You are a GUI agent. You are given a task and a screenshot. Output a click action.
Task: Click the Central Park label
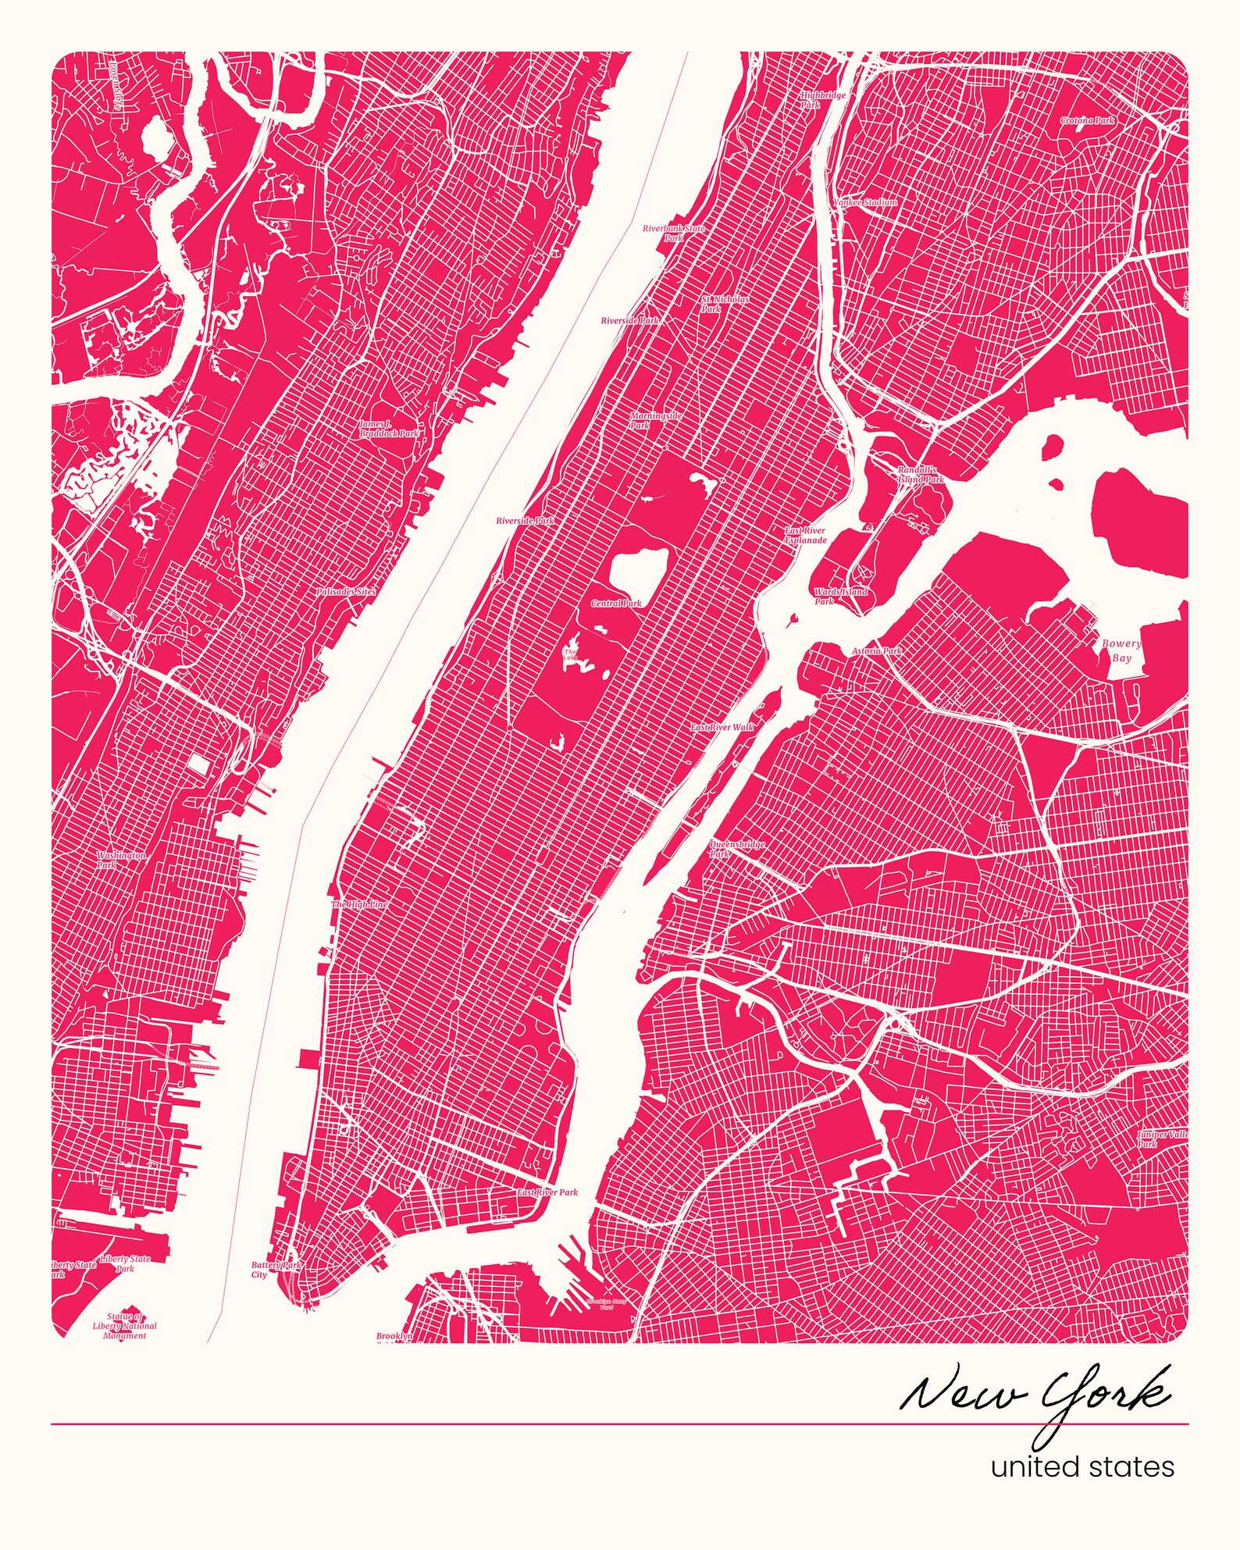click(x=616, y=603)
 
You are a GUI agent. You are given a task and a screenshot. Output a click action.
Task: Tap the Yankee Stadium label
click(x=864, y=202)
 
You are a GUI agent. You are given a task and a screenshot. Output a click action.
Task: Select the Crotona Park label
click(x=1087, y=121)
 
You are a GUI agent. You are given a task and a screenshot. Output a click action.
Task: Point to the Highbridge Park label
click(x=822, y=100)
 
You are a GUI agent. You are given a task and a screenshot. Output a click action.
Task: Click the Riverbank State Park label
click(x=673, y=233)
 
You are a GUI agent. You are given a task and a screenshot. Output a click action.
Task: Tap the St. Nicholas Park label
click(x=724, y=304)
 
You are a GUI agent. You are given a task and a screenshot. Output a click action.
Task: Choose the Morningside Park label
click(x=655, y=420)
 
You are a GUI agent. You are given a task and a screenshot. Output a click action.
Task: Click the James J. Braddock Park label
click(x=388, y=429)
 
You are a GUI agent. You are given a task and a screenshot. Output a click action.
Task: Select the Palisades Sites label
click(x=346, y=592)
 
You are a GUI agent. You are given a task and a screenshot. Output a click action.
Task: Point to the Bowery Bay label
click(x=1121, y=650)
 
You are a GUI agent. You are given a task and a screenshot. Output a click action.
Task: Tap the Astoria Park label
click(x=876, y=650)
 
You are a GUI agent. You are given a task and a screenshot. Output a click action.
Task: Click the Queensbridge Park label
click(x=736, y=849)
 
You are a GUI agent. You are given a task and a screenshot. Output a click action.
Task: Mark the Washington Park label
click(x=120, y=860)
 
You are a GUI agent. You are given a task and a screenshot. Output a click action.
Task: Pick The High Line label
click(x=359, y=904)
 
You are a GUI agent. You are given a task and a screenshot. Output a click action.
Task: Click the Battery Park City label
click(x=275, y=1270)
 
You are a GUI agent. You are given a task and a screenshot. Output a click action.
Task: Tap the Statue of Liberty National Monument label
click(x=124, y=1326)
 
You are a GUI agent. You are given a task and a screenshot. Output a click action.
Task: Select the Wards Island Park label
click(x=839, y=597)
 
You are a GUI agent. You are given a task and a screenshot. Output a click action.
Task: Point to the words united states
click(x=1081, y=1466)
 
